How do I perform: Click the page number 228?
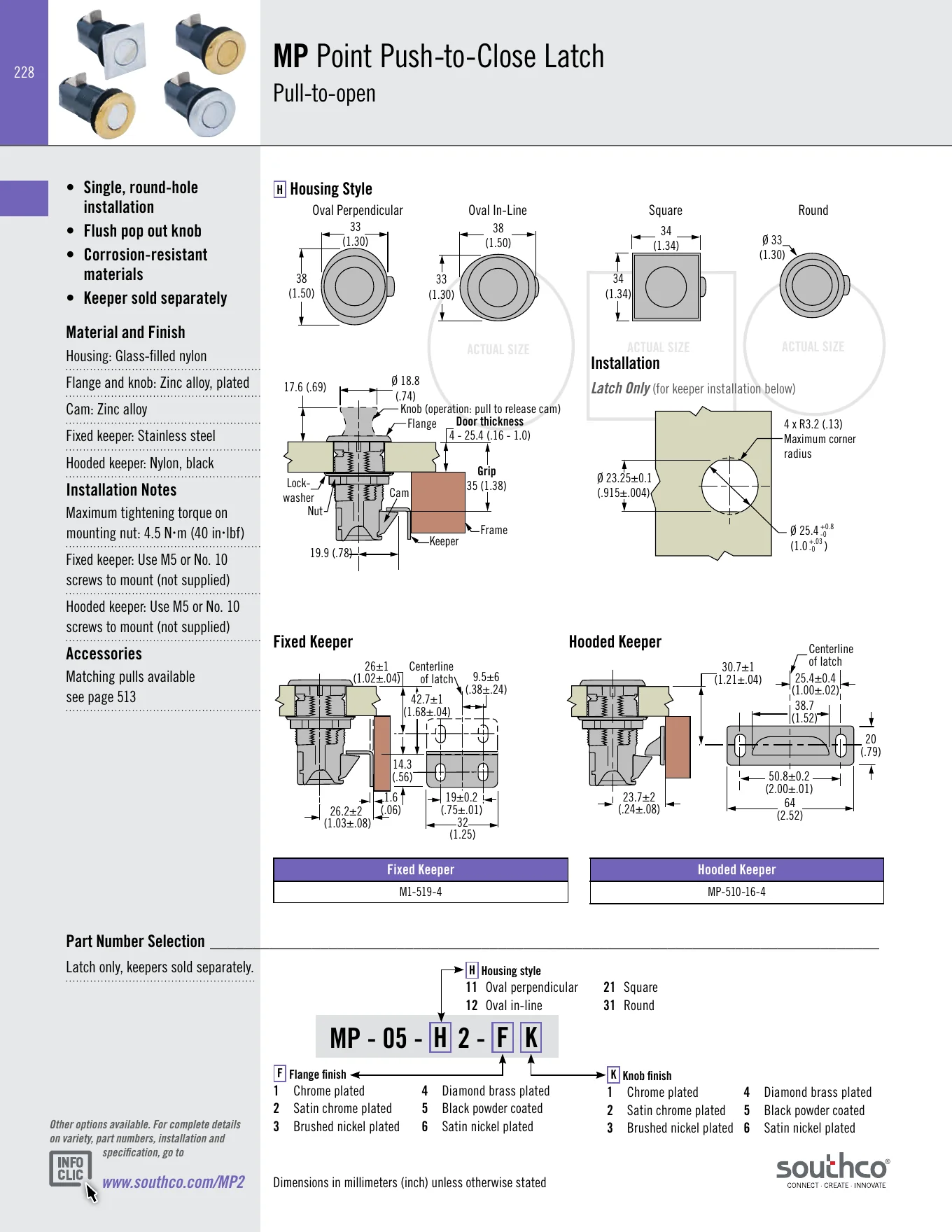point(24,72)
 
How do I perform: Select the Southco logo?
point(832,1170)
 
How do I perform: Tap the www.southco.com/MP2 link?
point(174,1182)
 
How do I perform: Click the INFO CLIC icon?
point(71,1169)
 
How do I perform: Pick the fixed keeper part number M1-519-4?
point(421,892)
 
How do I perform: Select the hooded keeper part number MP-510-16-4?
point(736,892)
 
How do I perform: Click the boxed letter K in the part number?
point(531,1037)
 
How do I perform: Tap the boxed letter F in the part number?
point(502,1037)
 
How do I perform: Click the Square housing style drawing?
point(668,287)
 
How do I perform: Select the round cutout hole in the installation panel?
point(729,485)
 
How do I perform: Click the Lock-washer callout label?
point(299,491)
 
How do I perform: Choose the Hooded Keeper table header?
point(736,869)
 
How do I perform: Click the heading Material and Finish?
point(126,332)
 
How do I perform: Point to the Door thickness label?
point(490,421)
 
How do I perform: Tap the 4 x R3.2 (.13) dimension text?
point(813,424)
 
